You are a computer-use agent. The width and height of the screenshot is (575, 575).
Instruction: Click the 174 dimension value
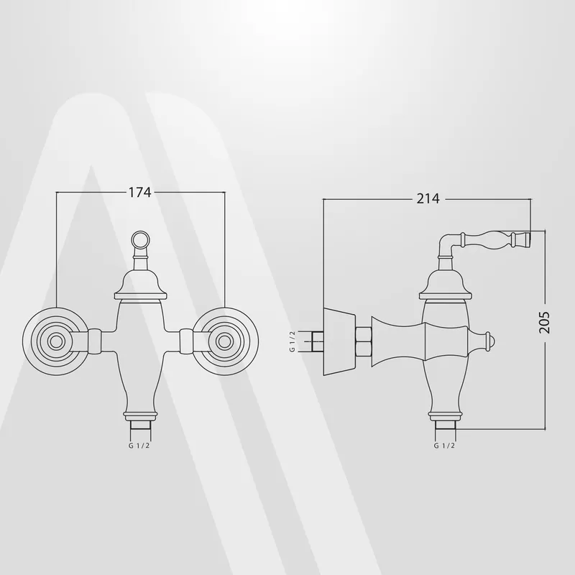(139, 192)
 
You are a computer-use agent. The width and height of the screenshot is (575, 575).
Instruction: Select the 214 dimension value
(428, 198)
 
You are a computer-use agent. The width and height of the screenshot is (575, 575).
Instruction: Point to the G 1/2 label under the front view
(139, 446)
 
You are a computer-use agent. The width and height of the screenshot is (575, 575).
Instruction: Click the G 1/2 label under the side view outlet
(444, 446)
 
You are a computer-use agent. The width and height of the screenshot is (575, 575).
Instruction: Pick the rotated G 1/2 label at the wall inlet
(293, 341)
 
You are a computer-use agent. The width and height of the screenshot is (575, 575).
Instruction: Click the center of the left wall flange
(56, 341)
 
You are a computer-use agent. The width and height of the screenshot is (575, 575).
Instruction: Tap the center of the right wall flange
(224, 341)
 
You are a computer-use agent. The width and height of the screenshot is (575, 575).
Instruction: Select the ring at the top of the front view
(140, 240)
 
